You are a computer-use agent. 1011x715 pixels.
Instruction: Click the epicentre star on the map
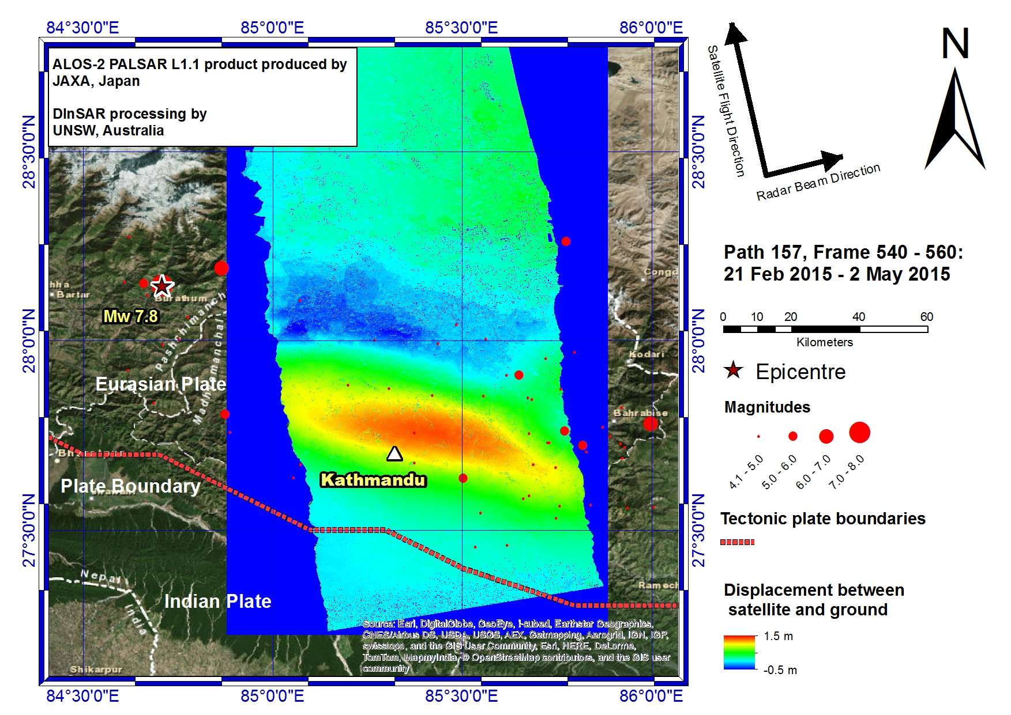coord(162,285)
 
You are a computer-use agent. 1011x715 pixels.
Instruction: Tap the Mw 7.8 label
coord(130,316)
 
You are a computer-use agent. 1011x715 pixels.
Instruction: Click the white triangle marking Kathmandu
coord(394,454)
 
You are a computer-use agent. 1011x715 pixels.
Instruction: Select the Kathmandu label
coord(373,480)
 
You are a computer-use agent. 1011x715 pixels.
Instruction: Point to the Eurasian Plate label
coord(160,384)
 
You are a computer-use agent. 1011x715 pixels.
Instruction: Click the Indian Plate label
coord(217,601)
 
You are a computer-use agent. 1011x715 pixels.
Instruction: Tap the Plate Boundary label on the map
coord(130,486)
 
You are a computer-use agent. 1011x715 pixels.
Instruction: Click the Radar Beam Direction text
coord(818,182)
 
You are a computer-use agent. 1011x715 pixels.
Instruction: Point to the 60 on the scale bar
coord(926,317)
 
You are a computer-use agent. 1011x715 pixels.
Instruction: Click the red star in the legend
coord(733,370)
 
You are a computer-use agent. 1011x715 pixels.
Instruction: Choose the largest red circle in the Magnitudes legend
coord(859,432)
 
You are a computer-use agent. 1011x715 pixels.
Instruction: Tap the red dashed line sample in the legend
coord(737,542)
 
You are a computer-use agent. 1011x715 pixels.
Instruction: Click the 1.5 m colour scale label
coord(778,637)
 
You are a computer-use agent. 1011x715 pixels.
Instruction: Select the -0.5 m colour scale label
coord(780,670)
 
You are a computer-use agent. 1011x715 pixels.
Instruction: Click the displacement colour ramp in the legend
coord(739,653)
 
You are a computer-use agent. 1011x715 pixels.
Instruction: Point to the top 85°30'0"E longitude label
coord(461,28)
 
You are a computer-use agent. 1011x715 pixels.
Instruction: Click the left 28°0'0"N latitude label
coord(29,341)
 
